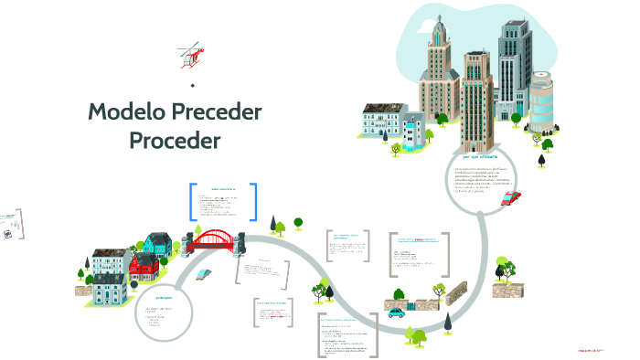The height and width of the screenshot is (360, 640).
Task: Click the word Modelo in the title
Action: (x=129, y=112)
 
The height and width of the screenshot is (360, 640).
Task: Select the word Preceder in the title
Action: (x=219, y=112)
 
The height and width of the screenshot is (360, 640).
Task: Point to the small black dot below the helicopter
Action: (x=192, y=86)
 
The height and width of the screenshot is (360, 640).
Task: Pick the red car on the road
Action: (x=511, y=197)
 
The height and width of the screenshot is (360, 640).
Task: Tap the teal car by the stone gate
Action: (x=396, y=312)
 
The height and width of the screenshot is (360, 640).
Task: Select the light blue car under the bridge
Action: (x=205, y=273)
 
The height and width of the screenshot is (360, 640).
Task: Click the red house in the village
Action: (x=144, y=267)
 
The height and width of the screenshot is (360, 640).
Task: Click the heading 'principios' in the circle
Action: (x=165, y=296)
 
